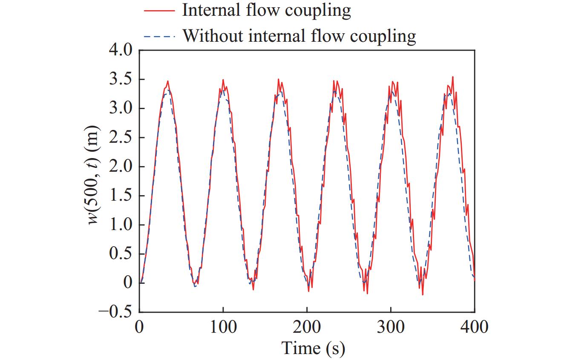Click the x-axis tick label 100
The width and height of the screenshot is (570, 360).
pyautogui.click(x=223, y=327)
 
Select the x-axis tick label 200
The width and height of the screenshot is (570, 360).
pyautogui.click(x=307, y=327)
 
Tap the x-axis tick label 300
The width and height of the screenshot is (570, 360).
pyautogui.click(x=391, y=327)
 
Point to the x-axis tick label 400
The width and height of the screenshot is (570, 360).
pyautogui.click(x=474, y=327)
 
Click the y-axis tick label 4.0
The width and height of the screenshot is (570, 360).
pyautogui.click(x=121, y=51)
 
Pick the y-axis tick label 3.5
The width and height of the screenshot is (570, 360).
pyautogui.click(x=121, y=80)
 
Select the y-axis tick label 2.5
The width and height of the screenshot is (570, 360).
pyautogui.click(x=121, y=138)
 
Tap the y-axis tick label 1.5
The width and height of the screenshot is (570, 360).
pyautogui.click(x=121, y=196)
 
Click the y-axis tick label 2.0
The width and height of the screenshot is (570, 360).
pyautogui.click(x=121, y=167)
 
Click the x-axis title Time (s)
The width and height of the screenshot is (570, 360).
pyautogui.click(x=313, y=348)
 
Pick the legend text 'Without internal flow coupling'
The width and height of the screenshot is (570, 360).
pyautogui.click(x=299, y=36)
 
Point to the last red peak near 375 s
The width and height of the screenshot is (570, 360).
pyautogui.click(x=452, y=77)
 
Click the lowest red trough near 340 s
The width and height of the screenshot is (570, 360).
pyautogui.click(x=423, y=294)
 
